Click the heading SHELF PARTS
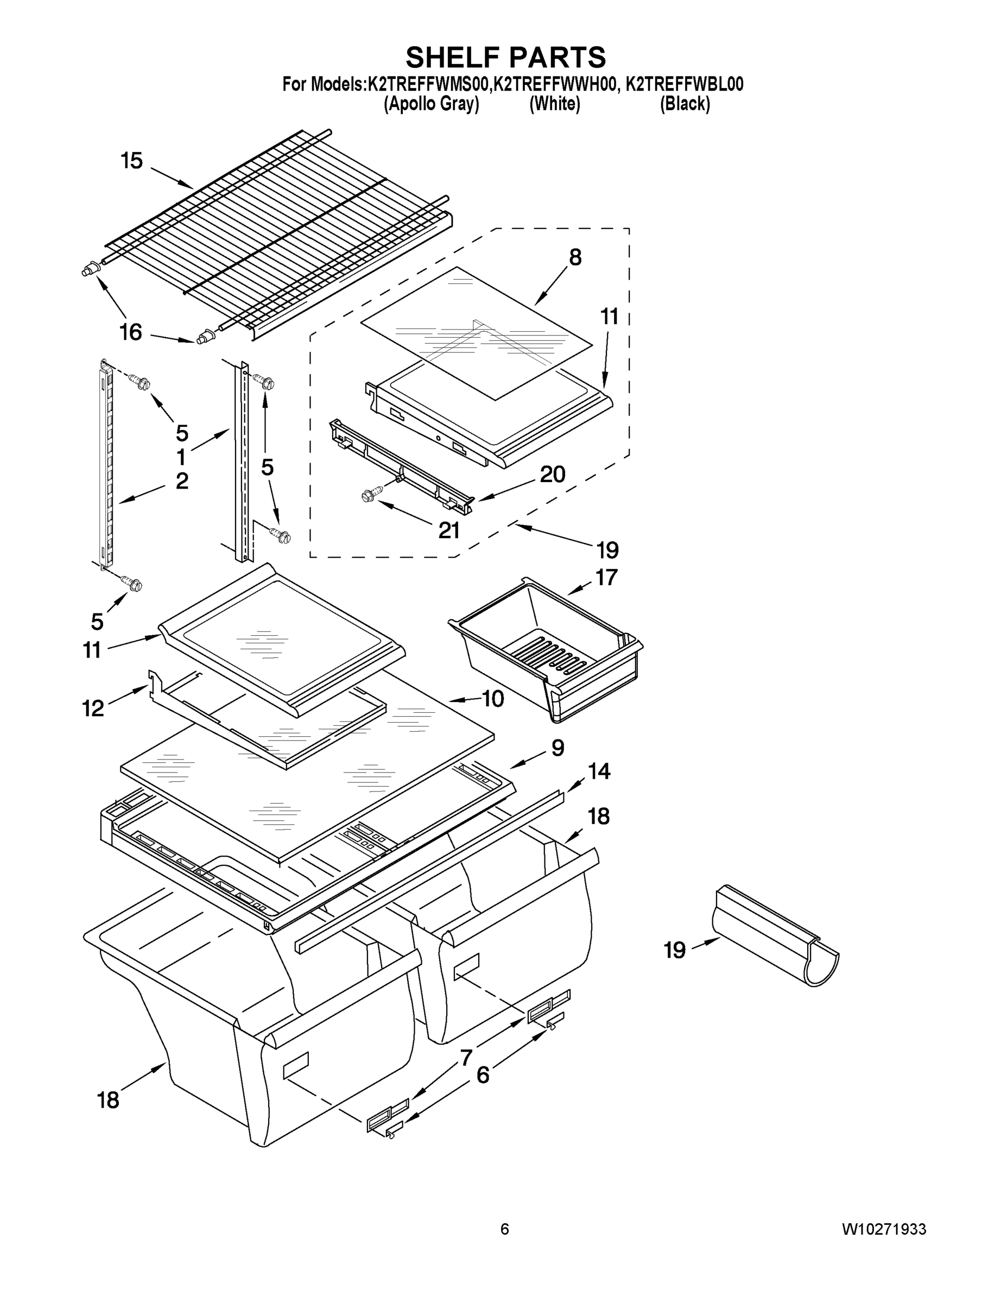click(505, 58)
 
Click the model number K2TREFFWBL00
click(684, 85)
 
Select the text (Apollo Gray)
click(432, 104)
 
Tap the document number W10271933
click(884, 1229)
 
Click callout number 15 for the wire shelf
click(132, 161)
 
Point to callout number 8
click(574, 257)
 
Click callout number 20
click(553, 474)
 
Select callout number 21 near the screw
click(449, 530)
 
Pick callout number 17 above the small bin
click(606, 577)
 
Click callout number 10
click(493, 699)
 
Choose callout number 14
click(599, 771)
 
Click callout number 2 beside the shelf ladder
click(182, 481)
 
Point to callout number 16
click(131, 332)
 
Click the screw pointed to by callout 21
click(369, 495)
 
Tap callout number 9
click(557, 747)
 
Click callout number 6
click(482, 1075)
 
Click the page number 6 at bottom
click(505, 1229)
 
